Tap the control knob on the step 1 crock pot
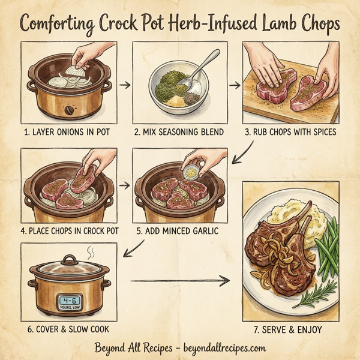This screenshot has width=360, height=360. pyautogui.click(x=70, y=110)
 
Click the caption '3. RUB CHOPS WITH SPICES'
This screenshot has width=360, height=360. pyautogui.click(x=290, y=131)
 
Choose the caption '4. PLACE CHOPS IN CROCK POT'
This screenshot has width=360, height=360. pyautogui.click(x=69, y=231)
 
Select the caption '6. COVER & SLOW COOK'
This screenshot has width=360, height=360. pyautogui.click(x=69, y=329)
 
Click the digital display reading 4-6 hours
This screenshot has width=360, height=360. pyautogui.click(x=70, y=303)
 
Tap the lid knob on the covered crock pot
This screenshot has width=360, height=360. pyautogui.click(x=70, y=259)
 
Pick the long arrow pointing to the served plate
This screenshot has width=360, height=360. pyautogui.click(x=180, y=280)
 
